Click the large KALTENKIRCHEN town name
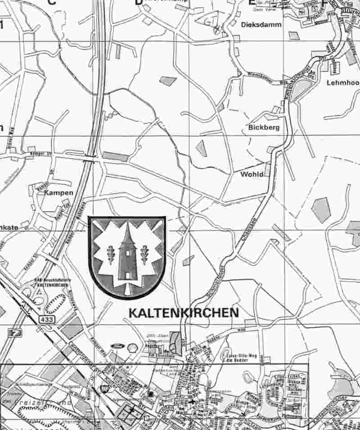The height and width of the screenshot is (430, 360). coord(184,313)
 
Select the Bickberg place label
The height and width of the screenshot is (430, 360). coord(264,127)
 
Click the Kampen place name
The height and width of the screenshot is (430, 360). coord(58,193)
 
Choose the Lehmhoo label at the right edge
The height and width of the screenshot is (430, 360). coord(343,83)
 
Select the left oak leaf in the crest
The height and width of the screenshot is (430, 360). coord(110,255)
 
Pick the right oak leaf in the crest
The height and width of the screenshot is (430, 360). coord(145,255)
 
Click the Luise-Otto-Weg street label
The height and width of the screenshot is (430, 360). coord(236,354)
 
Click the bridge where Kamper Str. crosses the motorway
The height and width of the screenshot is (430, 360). coord(90,157)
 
